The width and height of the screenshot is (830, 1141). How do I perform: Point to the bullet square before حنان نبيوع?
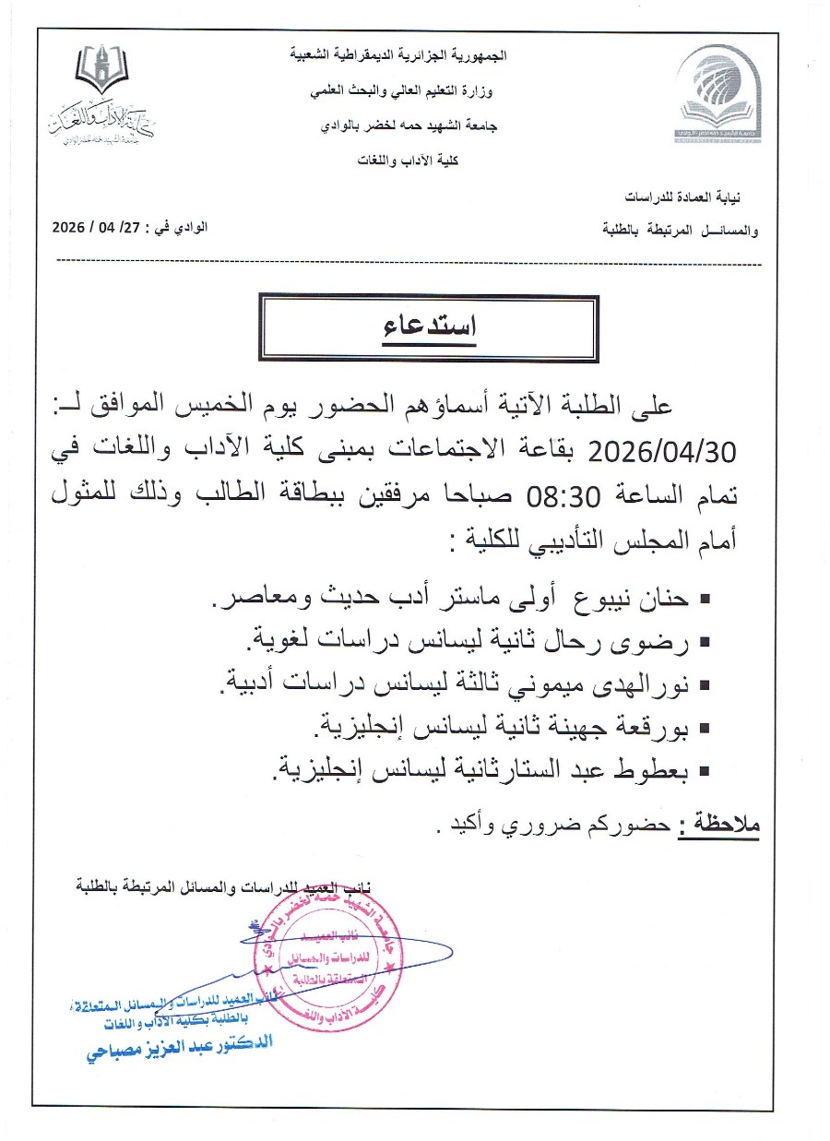point(705,600)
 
